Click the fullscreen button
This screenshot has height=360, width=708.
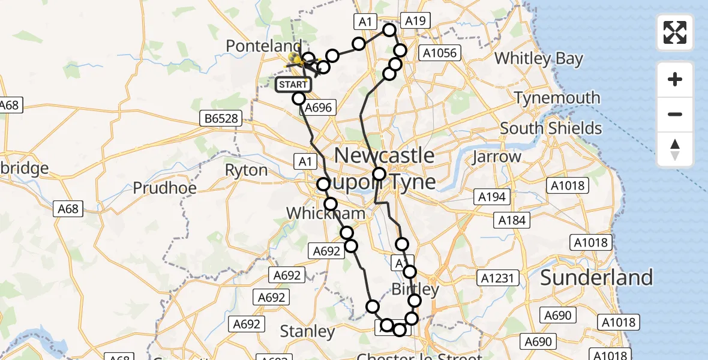(675, 32)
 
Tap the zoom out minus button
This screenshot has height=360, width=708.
(675, 114)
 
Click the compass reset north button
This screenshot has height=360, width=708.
(675, 149)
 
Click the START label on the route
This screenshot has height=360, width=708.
(293, 85)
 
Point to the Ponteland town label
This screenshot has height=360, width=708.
(263, 46)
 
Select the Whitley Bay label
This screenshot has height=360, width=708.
(538, 59)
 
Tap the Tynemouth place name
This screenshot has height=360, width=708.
(557, 98)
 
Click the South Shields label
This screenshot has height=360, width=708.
(551, 128)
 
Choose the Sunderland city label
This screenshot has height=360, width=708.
(596, 277)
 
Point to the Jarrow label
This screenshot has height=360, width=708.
(496, 157)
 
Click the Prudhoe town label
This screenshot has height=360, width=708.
(164, 188)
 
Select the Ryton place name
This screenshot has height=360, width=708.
(246, 170)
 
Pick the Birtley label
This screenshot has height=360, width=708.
(415, 289)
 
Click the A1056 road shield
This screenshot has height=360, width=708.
(440, 53)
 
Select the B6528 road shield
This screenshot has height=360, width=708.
(221, 119)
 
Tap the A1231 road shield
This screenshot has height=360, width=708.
(494, 278)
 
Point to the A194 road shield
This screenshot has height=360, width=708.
(491, 196)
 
